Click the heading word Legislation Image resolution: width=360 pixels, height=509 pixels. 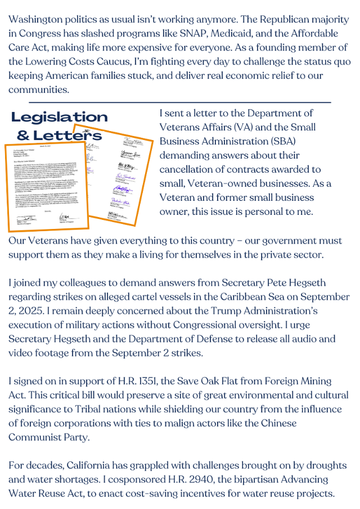click(60, 117)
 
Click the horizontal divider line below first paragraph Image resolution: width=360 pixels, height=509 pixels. click(179, 102)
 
